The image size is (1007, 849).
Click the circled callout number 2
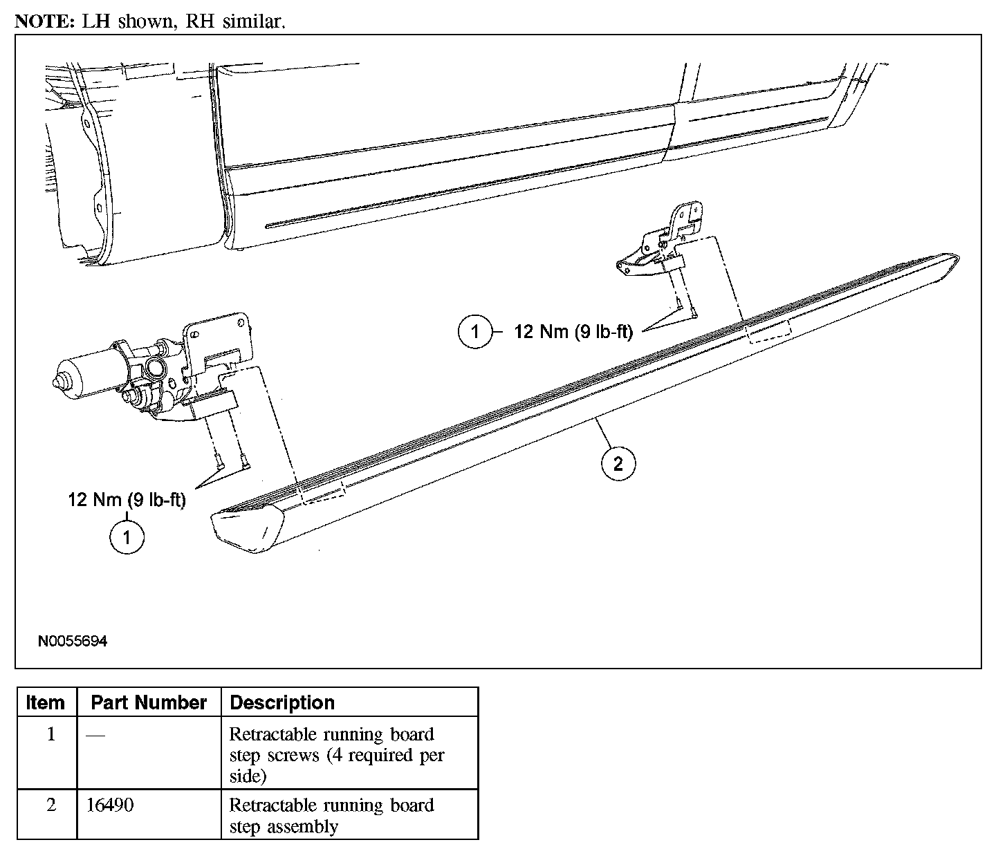[618, 463]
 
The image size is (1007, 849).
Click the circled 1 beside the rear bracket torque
[475, 332]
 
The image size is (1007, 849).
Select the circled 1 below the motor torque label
[127, 537]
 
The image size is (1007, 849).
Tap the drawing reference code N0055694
[73, 642]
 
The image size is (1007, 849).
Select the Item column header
[46, 702]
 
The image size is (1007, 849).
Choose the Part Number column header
[149, 702]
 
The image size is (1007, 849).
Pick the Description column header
[282, 702]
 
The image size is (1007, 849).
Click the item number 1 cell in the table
[50, 734]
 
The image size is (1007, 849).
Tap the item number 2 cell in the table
[50, 805]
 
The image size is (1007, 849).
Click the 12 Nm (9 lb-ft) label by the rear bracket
[573, 332]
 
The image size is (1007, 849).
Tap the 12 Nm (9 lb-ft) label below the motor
[127, 499]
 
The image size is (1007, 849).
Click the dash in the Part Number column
[96, 735]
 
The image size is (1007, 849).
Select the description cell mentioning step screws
[337, 754]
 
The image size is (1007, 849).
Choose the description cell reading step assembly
[331, 815]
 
